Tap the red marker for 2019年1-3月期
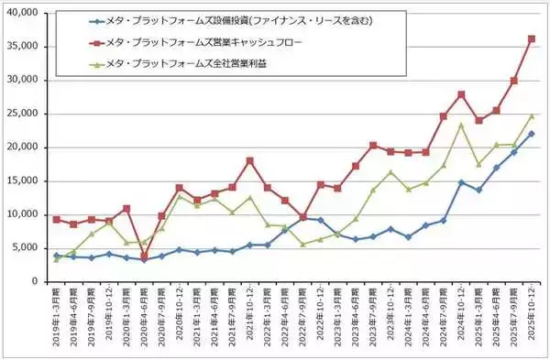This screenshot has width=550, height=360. (x=56, y=220)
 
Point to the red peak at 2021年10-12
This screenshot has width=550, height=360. (x=249, y=161)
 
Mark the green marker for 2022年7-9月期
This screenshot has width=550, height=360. (x=302, y=245)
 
